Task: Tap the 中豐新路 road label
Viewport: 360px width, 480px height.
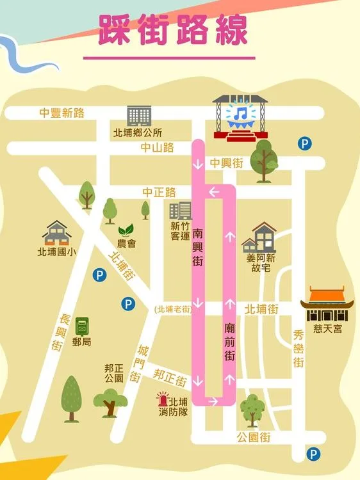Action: pyautogui.click(x=61, y=113)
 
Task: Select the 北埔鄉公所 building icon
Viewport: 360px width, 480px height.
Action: pyautogui.click(x=137, y=116)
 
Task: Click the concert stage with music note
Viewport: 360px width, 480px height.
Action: pyautogui.click(x=240, y=118)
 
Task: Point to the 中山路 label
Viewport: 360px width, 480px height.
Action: pyautogui.click(x=158, y=148)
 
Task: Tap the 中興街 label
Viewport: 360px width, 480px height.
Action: pyautogui.click(x=227, y=163)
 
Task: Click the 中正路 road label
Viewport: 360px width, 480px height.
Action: pyautogui.click(x=159, y=193)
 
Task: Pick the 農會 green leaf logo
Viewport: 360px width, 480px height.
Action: pyautogui.click(x=126, y=230)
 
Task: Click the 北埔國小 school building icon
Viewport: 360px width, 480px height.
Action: pyautogui.click(x=56, y=233)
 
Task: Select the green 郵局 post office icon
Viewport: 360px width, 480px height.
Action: pyautogui.click(x=82, y=326)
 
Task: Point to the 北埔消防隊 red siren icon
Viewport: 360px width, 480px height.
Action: pyautogui.click(x=163, y=400)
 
